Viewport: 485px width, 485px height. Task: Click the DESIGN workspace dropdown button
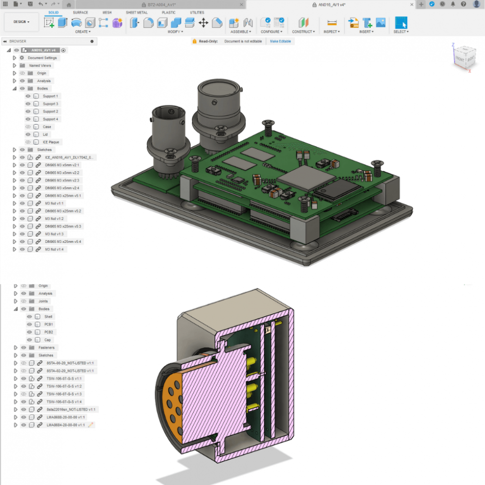(x=21, y=22)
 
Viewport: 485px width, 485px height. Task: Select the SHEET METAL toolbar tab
(x=137, y=12)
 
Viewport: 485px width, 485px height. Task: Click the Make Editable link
(x=280, y=41)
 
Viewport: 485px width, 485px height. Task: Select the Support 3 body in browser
(x=50, y=104)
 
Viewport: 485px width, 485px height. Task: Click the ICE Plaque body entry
(x=50, y=142)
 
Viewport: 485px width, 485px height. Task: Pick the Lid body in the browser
(x=45, y=135)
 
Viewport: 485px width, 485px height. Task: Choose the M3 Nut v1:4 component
(x=54, y=249)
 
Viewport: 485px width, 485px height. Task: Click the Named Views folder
(x=40, y=65)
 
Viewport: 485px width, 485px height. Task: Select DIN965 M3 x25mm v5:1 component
(x=63, y=195)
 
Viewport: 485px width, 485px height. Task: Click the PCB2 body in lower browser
(x=48, y=332)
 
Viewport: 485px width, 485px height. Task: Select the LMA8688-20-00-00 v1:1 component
(x=65, y=417)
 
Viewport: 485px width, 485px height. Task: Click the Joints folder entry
(x=43, y=301)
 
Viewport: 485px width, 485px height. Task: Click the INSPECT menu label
(x=331, y=32)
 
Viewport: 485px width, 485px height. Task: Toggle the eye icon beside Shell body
(x=30, y=317)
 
